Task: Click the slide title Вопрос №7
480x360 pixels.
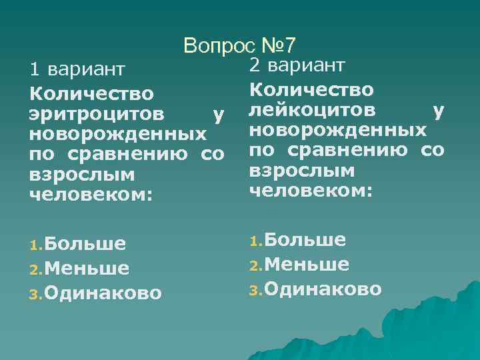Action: (x=243, y=45)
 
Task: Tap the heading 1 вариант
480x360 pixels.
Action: (x=77, y=69)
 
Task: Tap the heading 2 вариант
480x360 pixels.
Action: (x=297, y=65)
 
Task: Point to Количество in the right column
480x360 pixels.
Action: (x=311, y=89)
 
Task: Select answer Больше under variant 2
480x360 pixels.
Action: (x=305, y=240)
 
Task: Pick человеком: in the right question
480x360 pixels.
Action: (x=311, y=191)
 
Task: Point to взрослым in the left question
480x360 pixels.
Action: (x=82, y=175)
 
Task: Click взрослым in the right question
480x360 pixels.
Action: (x=302, y=171)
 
